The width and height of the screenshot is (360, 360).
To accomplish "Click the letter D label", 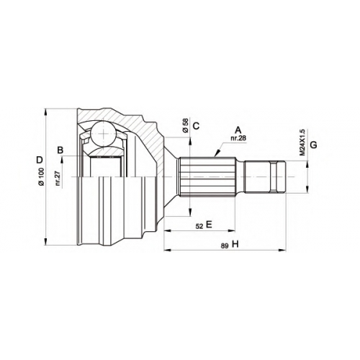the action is click(x=40, y=160).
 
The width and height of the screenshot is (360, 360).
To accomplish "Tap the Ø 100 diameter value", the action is click(x=41, y=176).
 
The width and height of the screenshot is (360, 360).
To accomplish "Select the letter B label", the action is click(x=60, y=150).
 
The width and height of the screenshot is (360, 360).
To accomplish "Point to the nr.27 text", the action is click(x=58, y=179).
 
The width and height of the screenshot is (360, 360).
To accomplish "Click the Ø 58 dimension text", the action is click(x=185, y=125).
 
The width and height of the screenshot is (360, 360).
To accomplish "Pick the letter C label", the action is click(x=196, y=126).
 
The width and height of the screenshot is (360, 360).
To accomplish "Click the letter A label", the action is click(x=238, y=130).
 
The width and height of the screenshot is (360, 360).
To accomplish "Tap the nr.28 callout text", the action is click(x=238, y=138).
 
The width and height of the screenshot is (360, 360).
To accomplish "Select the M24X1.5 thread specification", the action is click(x=302, y=143).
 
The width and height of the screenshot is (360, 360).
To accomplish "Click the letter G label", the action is click(x=313, y=145).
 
